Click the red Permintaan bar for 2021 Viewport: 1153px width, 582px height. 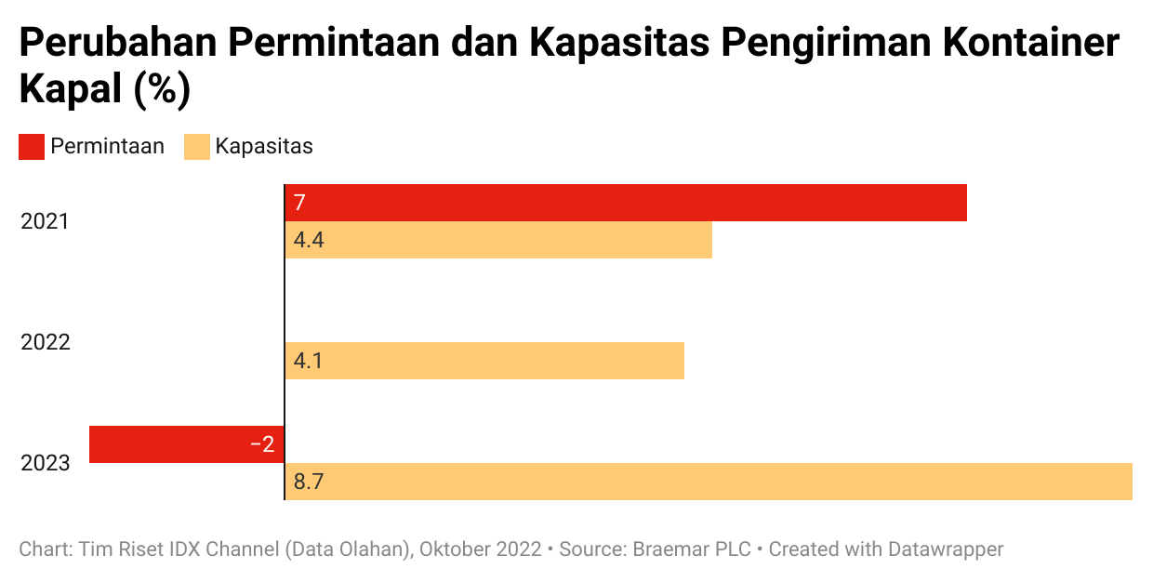pyautogui.click(x=625, y=203)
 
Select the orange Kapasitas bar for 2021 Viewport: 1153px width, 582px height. pyautogui.click(x=498, y=240)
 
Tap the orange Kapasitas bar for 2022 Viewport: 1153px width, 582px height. pyautogui.click(x=484, y=361)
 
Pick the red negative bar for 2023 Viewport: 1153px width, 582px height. pyautogui.click(x=186, y=444)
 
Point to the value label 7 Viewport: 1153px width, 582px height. pyautogui.click(x=299, y=203)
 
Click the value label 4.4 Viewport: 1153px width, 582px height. pyautogui.click(x=308, y=241)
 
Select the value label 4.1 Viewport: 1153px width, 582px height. pyautogui.click(x=308, y=361)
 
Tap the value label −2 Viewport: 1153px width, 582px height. pyautogui.click(x=262, y=444)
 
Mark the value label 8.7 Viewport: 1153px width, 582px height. pyautogui.click(x=309, y=482)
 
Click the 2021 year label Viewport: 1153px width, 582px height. pyautogui.click(x=46, y=222)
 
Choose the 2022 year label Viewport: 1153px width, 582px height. pyautogui.click(x=46, y=342)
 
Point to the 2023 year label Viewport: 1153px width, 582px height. pyautogui.click(x=46, y=463)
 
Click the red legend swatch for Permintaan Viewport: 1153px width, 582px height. pyautogui.click(x=32, y=147)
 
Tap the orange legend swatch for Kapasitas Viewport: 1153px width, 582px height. pyautogui.click(x=196, y=147)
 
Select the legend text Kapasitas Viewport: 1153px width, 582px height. pyautogui.click(x=264, y=147)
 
